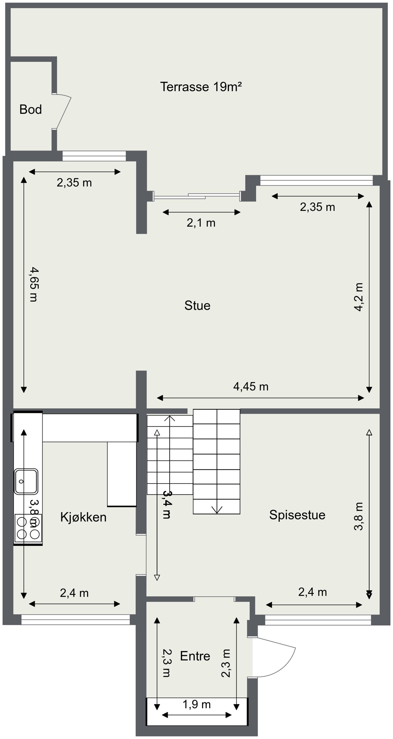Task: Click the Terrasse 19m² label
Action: pos(201,87)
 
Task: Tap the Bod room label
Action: pos(30,110)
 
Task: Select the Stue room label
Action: pos(197,306)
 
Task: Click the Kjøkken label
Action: pos(83,517)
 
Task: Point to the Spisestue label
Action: pos(297,515)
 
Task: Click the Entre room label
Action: pos(195,656)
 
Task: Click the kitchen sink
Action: pos(26,481)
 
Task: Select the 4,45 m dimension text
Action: pos(251,387)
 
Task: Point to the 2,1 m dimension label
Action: pos(201,223)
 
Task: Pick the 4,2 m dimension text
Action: pos(359,297)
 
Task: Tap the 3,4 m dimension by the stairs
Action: pos(167,505)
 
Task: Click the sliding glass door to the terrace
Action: pos(196,196)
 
